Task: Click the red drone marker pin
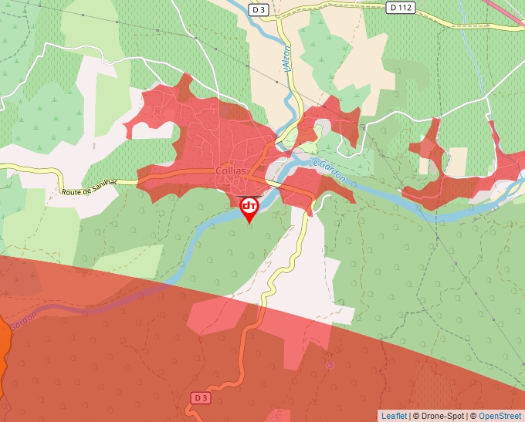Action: tap(249, 208)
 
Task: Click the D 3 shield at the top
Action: tap(258, 8)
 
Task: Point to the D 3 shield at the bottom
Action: tap(200, 397)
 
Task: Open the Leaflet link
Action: tap(394, 416)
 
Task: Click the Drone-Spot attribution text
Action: tap(439, 416)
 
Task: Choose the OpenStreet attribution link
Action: tap(500, 416)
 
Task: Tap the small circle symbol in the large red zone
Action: tap(330, 365)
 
